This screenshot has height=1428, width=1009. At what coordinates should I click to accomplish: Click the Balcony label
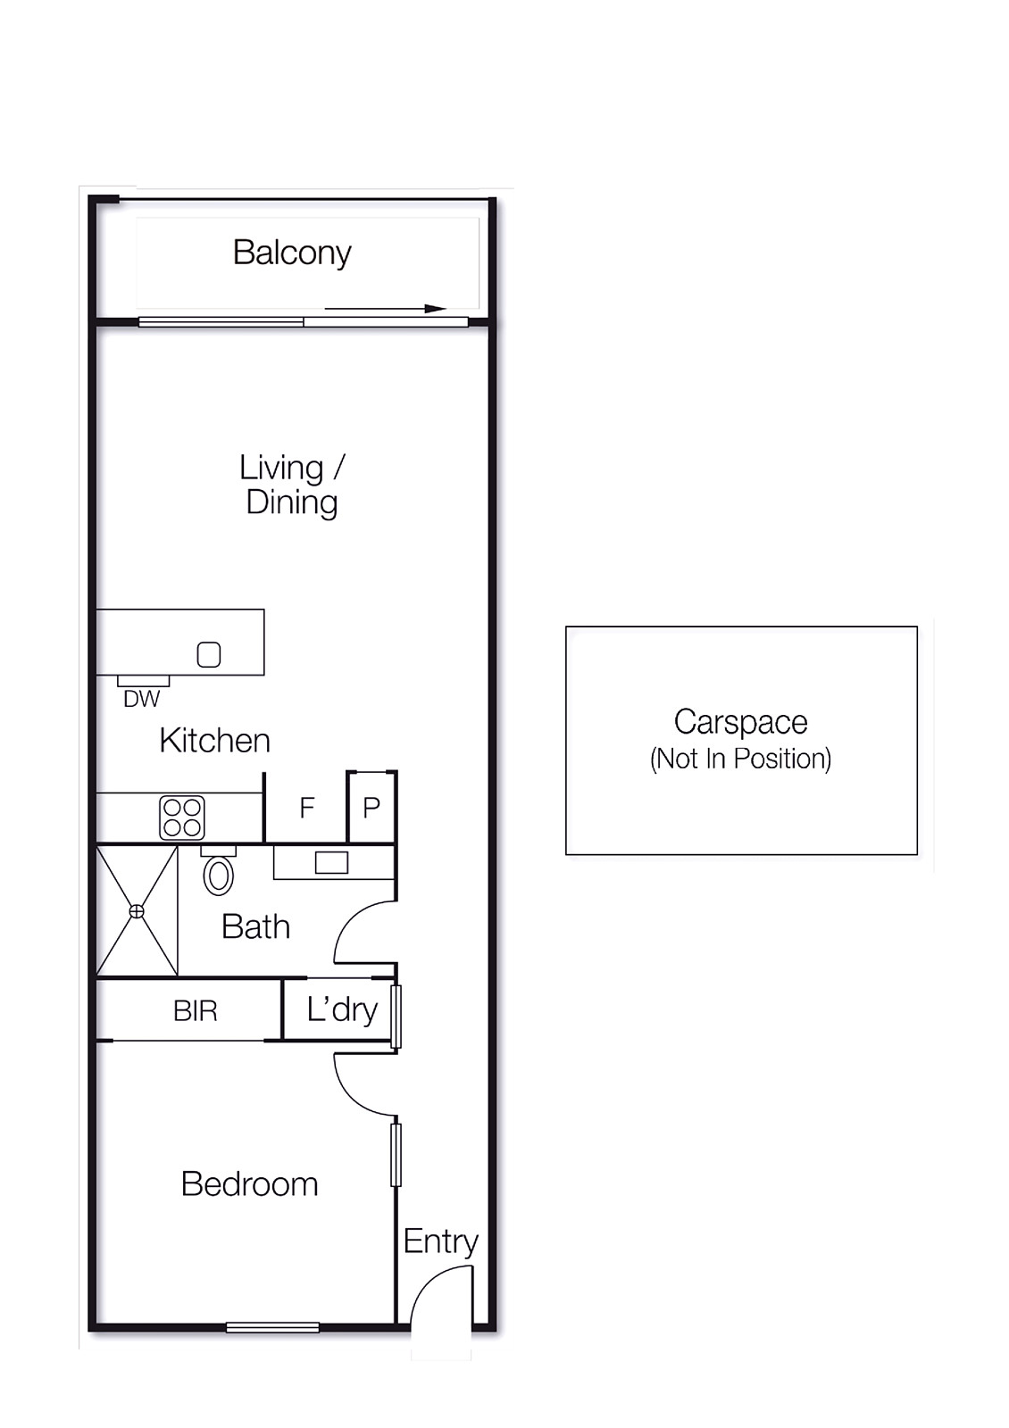coord(292,253)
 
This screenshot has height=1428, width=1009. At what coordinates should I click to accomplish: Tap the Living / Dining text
coord(292,486)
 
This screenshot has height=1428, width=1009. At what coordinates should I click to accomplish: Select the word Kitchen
coord(215,741)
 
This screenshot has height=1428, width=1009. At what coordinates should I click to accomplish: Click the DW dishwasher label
coord(142,700)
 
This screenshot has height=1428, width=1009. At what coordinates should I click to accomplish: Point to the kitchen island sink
coord(209,654)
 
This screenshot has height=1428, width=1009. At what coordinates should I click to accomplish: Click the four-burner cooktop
coord(182,818)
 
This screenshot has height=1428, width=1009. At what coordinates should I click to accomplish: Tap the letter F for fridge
coord(307,809)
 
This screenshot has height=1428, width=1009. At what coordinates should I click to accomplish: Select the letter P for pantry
coord(371,809)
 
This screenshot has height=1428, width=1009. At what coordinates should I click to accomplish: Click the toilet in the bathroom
coord(219,871)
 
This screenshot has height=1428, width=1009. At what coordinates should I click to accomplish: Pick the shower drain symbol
coord(137,912)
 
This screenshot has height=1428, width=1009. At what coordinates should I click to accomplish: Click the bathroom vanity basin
coord(331,862)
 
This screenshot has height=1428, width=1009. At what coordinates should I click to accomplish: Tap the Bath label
coord(255,927)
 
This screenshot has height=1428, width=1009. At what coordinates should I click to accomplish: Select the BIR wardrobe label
coord(196,1011)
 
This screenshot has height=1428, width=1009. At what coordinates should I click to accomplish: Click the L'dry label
coord(343,1010)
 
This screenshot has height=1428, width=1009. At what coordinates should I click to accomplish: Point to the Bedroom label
coord(249,1184)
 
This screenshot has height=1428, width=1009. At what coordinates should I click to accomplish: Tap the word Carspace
coord(740,723)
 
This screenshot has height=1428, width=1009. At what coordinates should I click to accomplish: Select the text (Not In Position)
coord(740,759)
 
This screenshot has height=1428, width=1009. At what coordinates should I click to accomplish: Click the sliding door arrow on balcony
coord(385,309)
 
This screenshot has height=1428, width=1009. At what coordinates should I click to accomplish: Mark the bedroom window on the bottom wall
coord(272,1328)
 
